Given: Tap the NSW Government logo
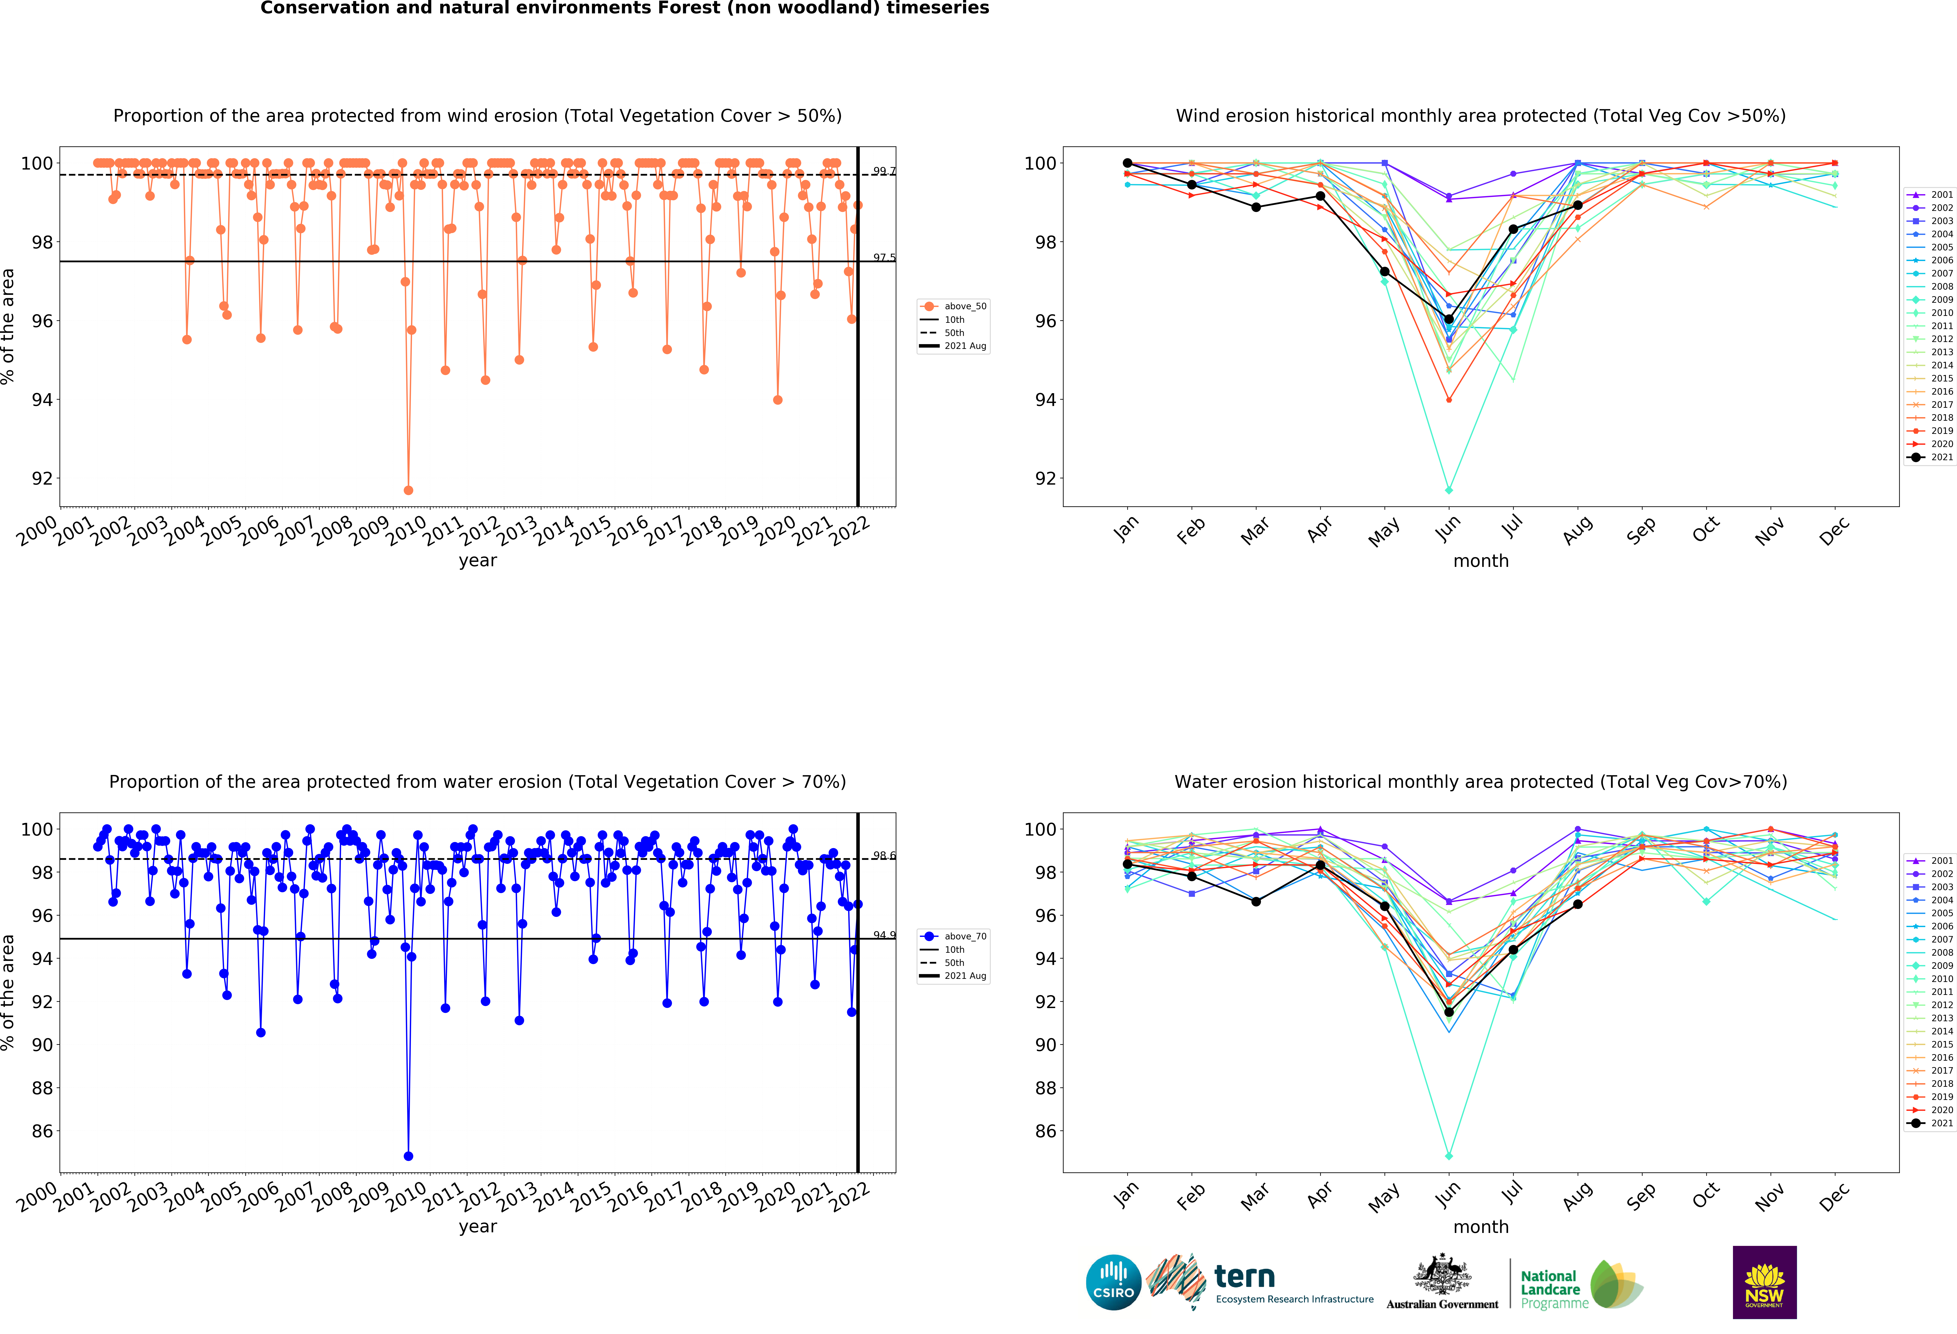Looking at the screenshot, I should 1764,1282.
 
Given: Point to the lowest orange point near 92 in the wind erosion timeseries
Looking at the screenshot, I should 408,490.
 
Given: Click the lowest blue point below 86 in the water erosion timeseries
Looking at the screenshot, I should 408,1156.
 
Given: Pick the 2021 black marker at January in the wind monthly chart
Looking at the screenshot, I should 1127,163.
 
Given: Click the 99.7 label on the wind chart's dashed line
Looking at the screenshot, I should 883,171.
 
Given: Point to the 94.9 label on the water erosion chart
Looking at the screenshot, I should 883,935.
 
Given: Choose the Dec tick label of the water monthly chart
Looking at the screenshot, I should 1834,1196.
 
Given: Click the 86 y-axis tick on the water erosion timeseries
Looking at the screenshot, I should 42,1131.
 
